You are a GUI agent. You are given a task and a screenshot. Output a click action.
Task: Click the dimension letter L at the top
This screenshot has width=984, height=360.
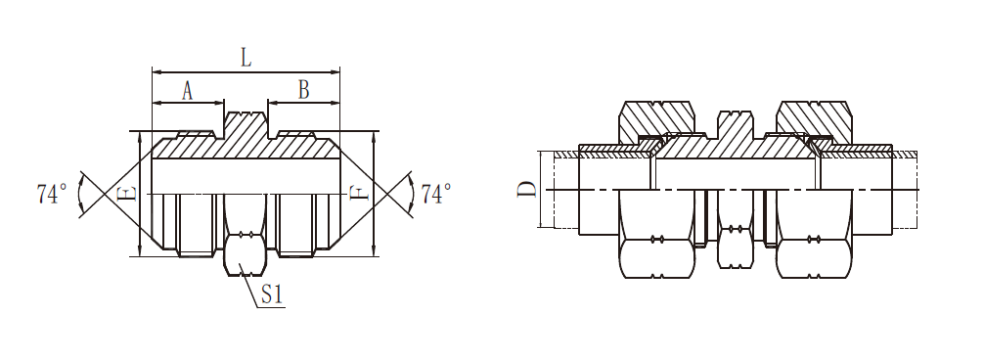click(246, 57)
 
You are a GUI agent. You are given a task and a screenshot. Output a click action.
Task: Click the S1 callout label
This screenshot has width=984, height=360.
click(272, 295)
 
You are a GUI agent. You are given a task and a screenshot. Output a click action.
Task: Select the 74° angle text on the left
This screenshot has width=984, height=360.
click(52, 194)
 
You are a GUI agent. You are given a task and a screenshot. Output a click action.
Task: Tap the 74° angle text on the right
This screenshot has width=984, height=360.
click(436, 194)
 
